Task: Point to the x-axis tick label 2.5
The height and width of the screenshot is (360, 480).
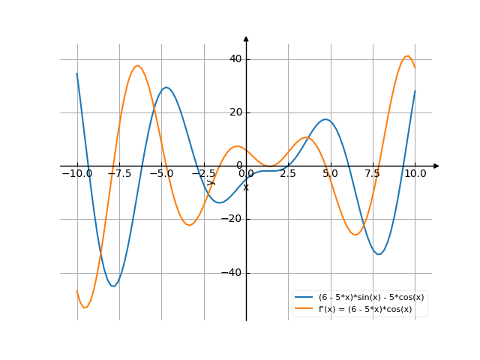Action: [288, 173]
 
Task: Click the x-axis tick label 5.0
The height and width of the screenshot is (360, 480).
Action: [330, 173]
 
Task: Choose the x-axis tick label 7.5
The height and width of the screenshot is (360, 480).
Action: [373, 173]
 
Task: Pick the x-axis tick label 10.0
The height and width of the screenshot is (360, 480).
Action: [415, 173]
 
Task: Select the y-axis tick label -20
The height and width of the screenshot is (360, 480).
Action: [231, 220]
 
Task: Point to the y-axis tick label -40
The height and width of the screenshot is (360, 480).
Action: [231, 273]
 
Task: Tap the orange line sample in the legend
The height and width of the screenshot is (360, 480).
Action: [304, 308]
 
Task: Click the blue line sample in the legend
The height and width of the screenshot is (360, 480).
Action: [304, 297]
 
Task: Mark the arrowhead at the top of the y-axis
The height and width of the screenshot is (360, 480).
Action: [246, 38]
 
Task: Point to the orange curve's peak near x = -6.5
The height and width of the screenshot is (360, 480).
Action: [137, 66]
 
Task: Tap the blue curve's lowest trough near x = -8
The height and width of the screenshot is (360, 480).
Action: [112, 286]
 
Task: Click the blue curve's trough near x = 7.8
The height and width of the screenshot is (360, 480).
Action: [379, 254]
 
